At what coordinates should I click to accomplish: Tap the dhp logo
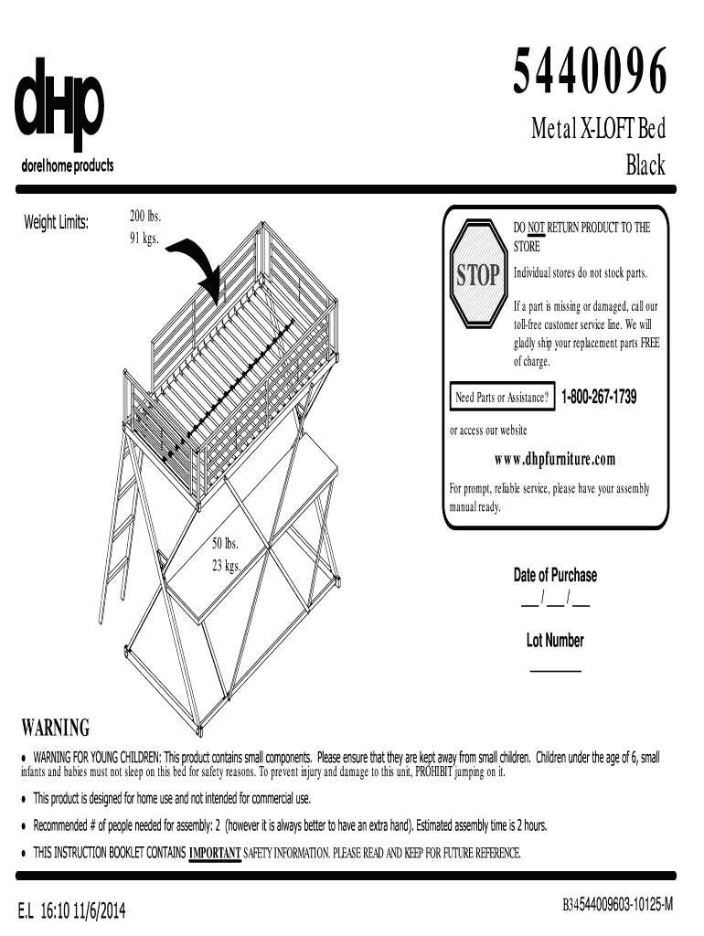pyautogui.click(x=60, y=102)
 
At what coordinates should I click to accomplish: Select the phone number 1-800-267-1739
pyautogui.click(x=599, y=398)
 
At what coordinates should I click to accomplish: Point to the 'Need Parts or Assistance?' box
pyautogui.click(x=502, y=398)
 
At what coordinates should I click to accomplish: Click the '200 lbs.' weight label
pyautogui.click(x=144, y=217)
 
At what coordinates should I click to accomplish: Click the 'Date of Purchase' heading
pyautogui.click(x=555, y=575)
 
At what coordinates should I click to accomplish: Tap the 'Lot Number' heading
pyautogui.click(x=555, y=641)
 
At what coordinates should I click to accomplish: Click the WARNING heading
pyautogui.click(x=56, y=729)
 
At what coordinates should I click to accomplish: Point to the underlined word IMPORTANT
pyautogui.click(x=215, y=854)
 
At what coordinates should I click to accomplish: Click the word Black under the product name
pyautogui.click(x=645, y=165)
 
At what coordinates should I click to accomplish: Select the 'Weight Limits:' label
pyautogui.click(x=56, y=222)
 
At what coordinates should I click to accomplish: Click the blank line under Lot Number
pyautogui.click(x=556, y=672)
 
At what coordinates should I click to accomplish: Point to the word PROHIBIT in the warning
pyautogui.click(x=440, y=772)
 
